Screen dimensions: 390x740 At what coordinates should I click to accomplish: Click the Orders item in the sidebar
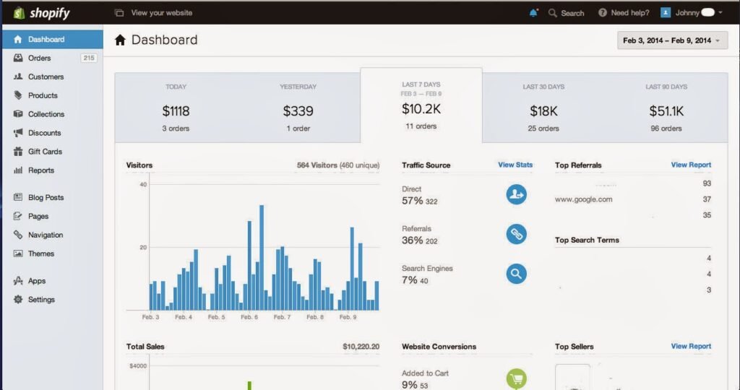tap(39, 58)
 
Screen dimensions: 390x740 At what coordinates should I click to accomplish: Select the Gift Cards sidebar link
tap(45, 152)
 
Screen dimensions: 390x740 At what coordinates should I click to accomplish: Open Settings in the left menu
tap(41, 300)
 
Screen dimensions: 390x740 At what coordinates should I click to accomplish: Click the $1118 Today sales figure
tap(176, 110)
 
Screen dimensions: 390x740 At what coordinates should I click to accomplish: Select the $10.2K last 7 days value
tap(421, 108)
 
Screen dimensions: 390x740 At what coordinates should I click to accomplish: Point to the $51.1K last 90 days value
tap(666, 110)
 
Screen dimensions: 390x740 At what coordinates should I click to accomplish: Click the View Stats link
tap(515, 165)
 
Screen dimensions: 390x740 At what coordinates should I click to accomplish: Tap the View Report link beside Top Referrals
tap(691, 165)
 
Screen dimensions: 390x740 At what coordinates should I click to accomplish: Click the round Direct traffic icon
tap(516, 194)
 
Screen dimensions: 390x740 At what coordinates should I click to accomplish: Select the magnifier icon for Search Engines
tap(516, 274)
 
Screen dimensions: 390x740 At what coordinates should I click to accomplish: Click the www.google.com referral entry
tap(584, 199)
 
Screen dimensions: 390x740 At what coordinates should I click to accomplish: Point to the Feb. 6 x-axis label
tap(249, 317)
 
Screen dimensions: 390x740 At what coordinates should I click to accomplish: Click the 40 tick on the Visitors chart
tap(143, 185)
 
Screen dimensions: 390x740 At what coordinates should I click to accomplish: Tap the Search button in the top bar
tap(566, 13)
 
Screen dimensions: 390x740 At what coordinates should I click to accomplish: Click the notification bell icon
tap(533, 13)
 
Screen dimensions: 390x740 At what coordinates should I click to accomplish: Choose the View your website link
tap(155, 13)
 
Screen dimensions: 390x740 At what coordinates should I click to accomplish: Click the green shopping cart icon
tap(516, 378)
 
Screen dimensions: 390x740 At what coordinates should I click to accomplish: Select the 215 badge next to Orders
tap(89, 58)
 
